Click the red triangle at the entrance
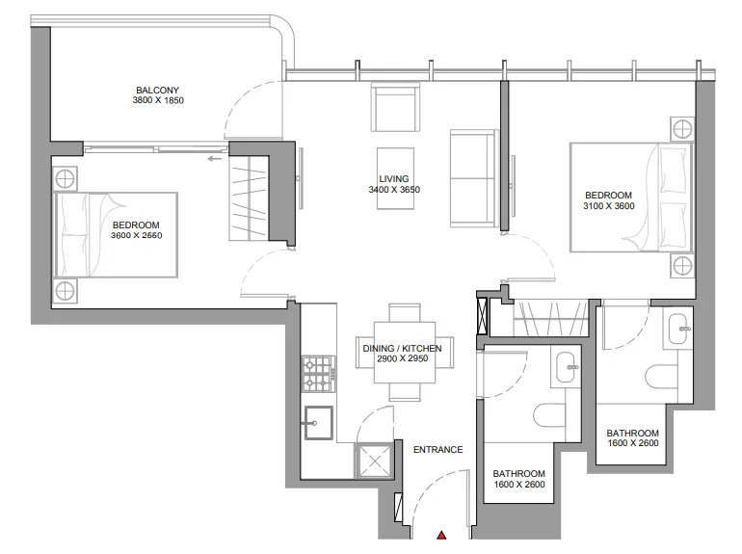[441, 535]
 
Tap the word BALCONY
[158, 90]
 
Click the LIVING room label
[394, 179]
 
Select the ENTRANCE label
[438, 449]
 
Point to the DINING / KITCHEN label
[402, 348]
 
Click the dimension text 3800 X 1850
[158, 100]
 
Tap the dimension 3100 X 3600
[609, 206]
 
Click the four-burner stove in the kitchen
[319, 374]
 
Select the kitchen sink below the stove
[318, 423]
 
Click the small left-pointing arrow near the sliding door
[214, 158]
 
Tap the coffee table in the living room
[396, 178]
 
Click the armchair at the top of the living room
[395, 107]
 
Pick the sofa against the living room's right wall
[474, 178]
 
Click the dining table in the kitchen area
[405, 353]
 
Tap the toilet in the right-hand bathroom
[662, 376]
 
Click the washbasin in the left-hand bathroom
[568, 367]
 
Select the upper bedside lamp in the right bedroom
[682, 129]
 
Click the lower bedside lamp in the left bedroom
[65, 290]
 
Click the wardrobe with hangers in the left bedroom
[249, 198]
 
